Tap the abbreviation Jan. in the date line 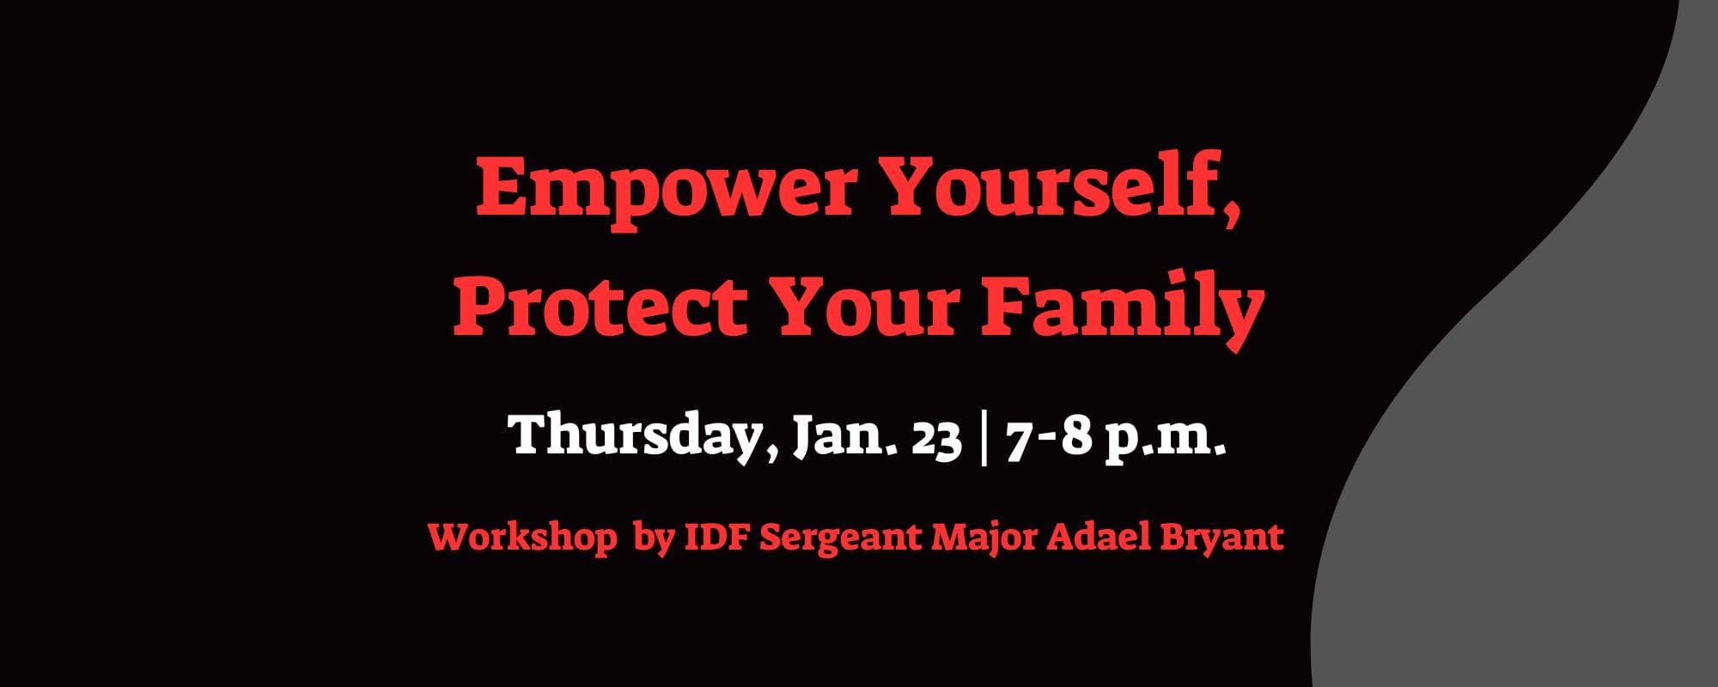845,438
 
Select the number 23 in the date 935,439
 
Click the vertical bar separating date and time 983,438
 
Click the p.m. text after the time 1164,439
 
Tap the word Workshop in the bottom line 522,538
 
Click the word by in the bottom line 653,539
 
